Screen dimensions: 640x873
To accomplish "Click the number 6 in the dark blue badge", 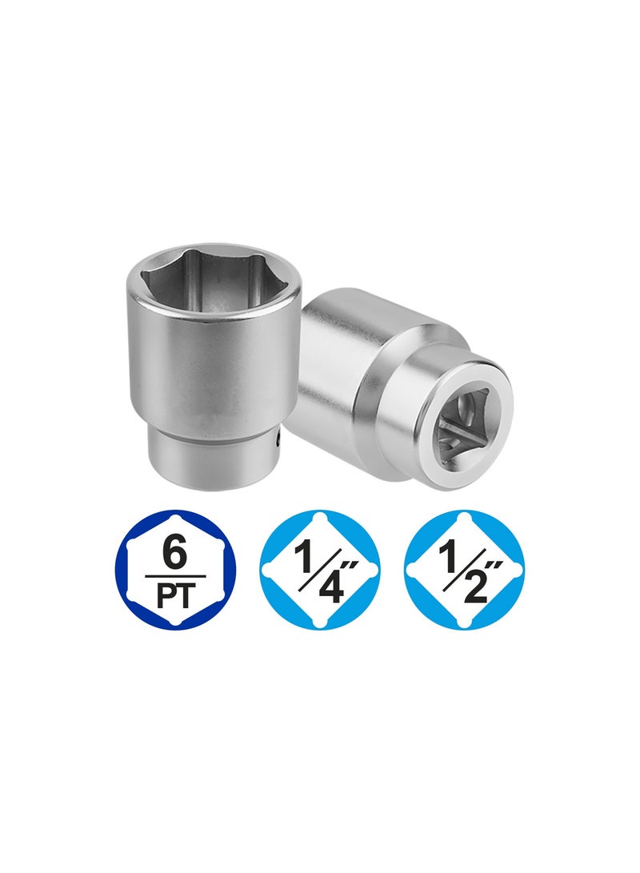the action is [x=174, y=553].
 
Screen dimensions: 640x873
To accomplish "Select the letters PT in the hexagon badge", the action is [x=174, y=595].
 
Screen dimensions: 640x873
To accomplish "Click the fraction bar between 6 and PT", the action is [x=174, y=576].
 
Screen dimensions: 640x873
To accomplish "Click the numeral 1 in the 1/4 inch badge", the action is [x=305, y=557].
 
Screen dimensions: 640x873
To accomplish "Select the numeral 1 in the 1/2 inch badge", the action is [x=449, y=557].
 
